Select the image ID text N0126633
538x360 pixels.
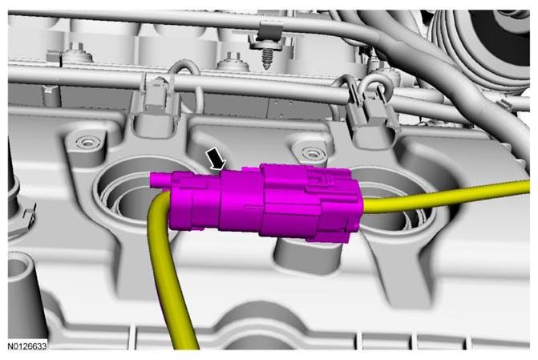click(x=27, y=346)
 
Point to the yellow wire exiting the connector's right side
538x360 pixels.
click(x=446, y=196)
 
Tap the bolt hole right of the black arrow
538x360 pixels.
click(x=311, y=151)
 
